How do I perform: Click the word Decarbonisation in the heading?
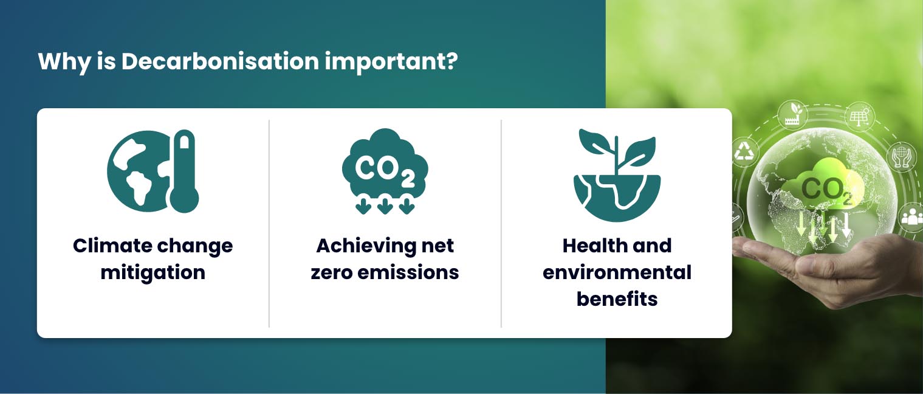pos(219,62)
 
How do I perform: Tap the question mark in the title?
pos(450,62)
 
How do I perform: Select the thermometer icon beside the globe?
pos(184,173)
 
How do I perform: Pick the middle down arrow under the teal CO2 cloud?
pos(385,207)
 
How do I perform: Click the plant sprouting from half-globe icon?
pos(617,175)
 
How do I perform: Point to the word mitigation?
pos(153,272)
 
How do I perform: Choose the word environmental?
pos(617,272)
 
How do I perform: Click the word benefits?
pos(617,299)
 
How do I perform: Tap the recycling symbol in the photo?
pos(744,152)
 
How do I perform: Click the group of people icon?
pos(911,217)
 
